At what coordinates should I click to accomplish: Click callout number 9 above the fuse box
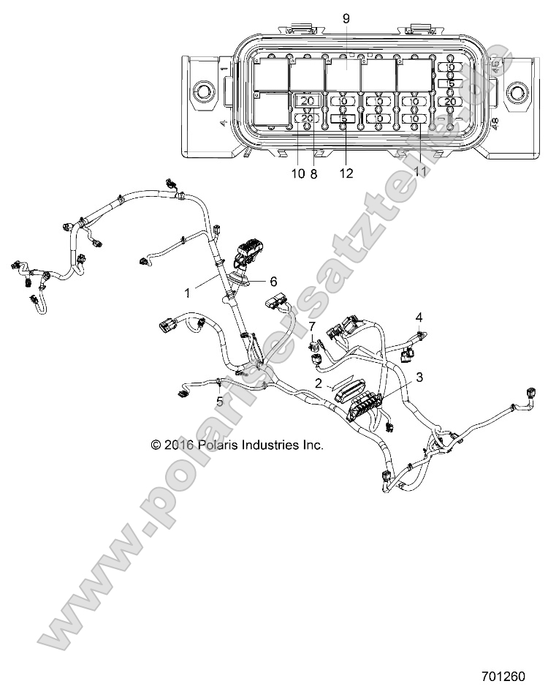click(346, 17)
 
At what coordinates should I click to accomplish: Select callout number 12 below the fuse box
click(346, 173)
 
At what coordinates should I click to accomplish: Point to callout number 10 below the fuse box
click(297, 173)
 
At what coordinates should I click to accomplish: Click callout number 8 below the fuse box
click(313, 173)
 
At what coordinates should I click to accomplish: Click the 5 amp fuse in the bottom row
click(344, 118)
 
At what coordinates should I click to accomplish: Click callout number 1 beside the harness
click(188, 293)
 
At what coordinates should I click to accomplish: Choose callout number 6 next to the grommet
click(274, 281)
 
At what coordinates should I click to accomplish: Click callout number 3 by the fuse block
click(419, 377)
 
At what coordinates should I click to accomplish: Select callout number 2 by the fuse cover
click(319, 383)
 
